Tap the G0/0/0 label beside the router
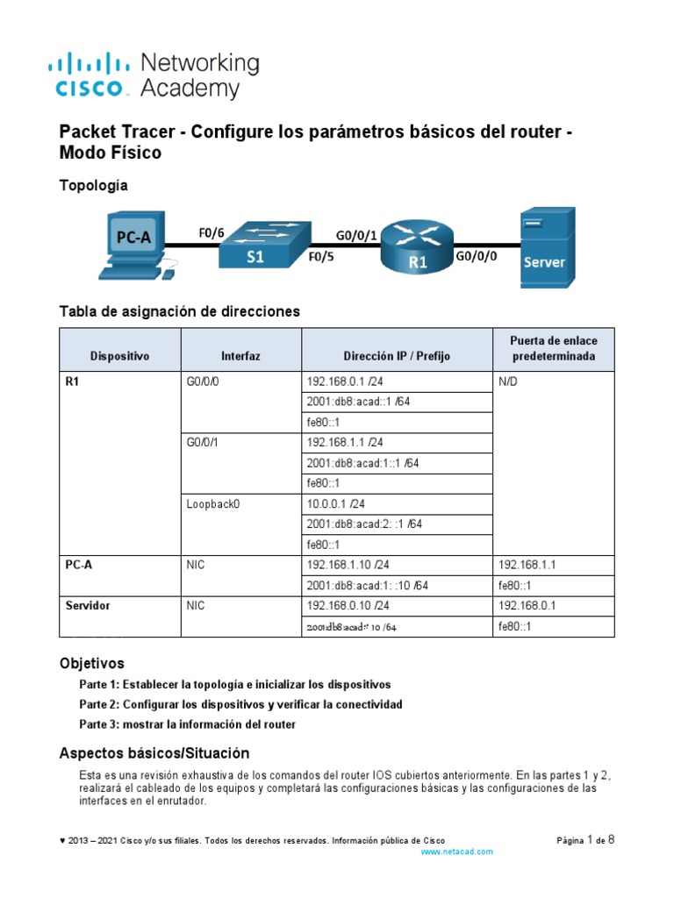(x=477, y=256)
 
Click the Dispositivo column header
(x=119, y=356)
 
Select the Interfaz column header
(x=240, y=356)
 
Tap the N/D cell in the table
(x=509, y=381)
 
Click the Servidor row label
(x=88, y=605)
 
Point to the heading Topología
(x=93, y=185)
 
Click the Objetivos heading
(x=91, y=663)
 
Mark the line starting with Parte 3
(x=187, y=724)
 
